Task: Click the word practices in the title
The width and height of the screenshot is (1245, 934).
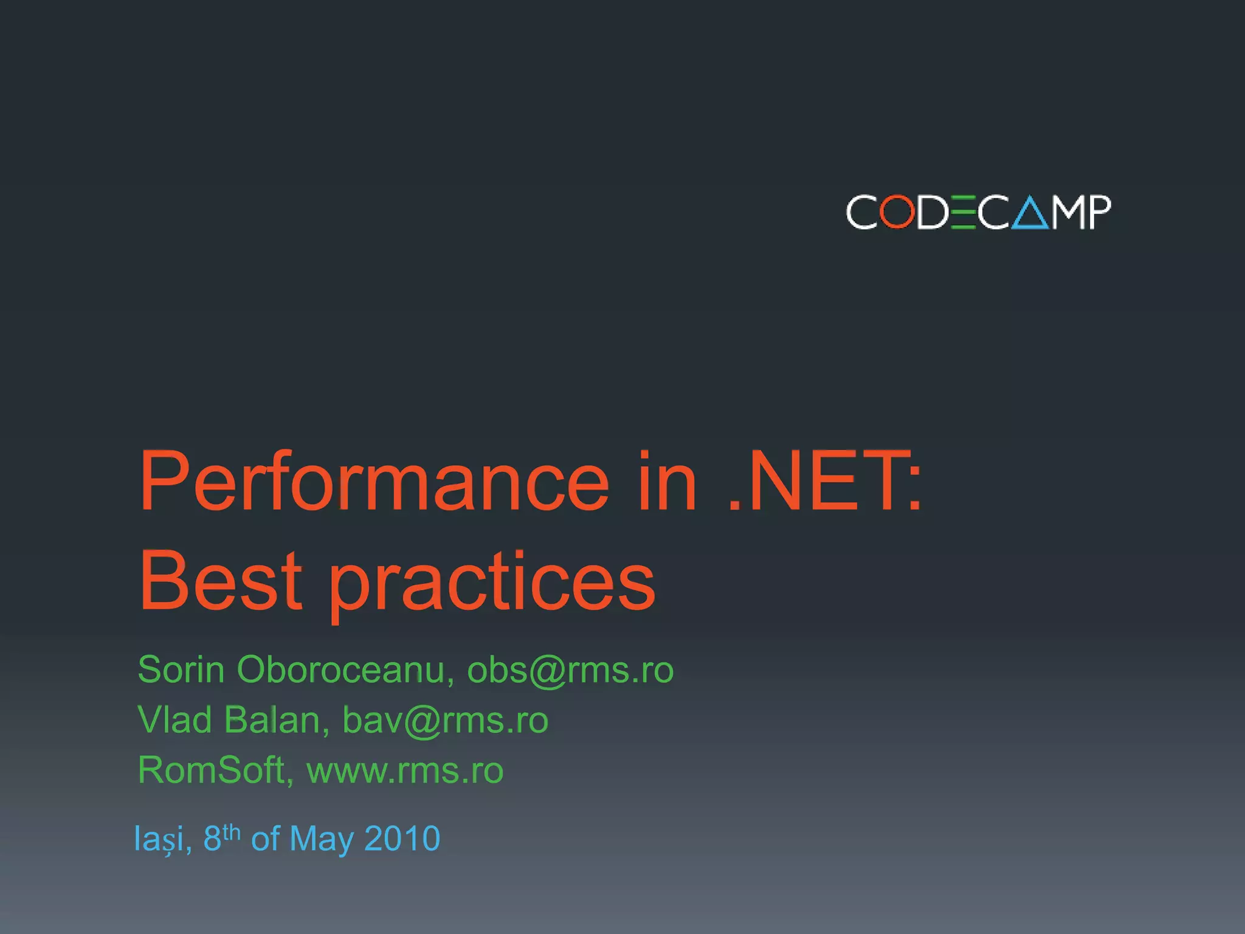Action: pyautogui.click(x=492, y=584)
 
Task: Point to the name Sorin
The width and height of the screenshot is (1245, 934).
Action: pyautogui.click(x=181, y=670)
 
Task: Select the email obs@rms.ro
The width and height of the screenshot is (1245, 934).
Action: pyautogui.click(x=570, y=671)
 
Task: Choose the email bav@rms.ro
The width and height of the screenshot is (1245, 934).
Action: pyautogui.click(x=446, y=721)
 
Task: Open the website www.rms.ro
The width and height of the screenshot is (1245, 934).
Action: pyautogui.click(x=405, y=771)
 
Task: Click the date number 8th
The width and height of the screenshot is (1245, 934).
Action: pyautogui.click(x=221, y=837)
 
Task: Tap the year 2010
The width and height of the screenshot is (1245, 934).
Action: pyautogui.click(x=402, y=839)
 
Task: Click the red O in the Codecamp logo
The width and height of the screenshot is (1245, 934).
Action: pyautogui.click(x=898, y=212)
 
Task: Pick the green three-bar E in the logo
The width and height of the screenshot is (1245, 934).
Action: pyautogui.click(x=964, y=212)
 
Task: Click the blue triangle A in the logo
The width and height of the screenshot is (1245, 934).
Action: pyautogui.click(x=1030, y=213)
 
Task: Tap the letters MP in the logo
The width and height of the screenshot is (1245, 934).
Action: pyautogui.click(x=1081, y=212)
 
